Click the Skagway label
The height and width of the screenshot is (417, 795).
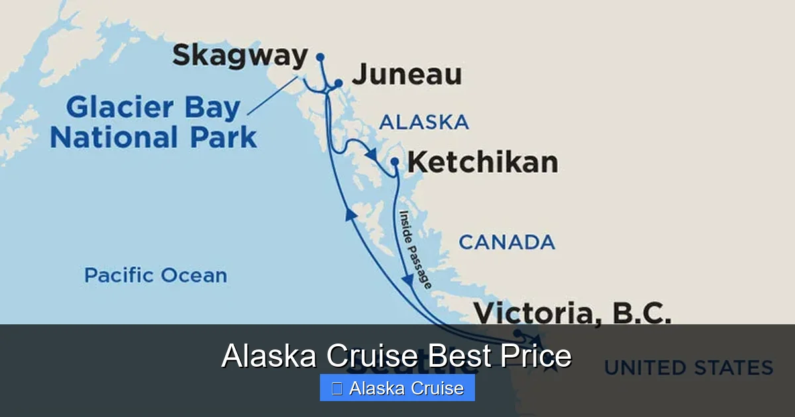pyautogui.click(x=240, y=57)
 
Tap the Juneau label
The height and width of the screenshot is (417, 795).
pyautogui.click(x=406, y=75)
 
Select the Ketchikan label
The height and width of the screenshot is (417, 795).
pyautogui.click(x=482, y=162)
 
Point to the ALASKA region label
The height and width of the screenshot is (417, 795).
pyautogui.click(x=423, y=122)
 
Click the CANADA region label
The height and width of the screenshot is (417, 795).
pyautogui.click(x=506, y=242)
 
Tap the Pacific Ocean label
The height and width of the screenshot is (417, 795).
pyautogui.click(x=155, y=275)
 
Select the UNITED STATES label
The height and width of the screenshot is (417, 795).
pyautogui.click(x=688, y=368)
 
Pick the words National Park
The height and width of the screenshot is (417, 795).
pyautogui.click(x=153, y=138)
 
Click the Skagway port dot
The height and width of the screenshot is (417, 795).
pyautogui.click(x=319, y=57)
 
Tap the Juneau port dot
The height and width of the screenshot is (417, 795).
pyautogui.click(x=338, y=83)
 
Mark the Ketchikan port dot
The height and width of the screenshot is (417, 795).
pyautogui.click(x=394, y=161)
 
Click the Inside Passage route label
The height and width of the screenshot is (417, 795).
pyautogui.click(x=415, y=248)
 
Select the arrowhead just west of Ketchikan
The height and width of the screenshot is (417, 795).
pyautogui.click(x=372, y=154)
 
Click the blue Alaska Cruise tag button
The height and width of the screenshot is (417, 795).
pyautogui.click(x=397, y=389)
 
